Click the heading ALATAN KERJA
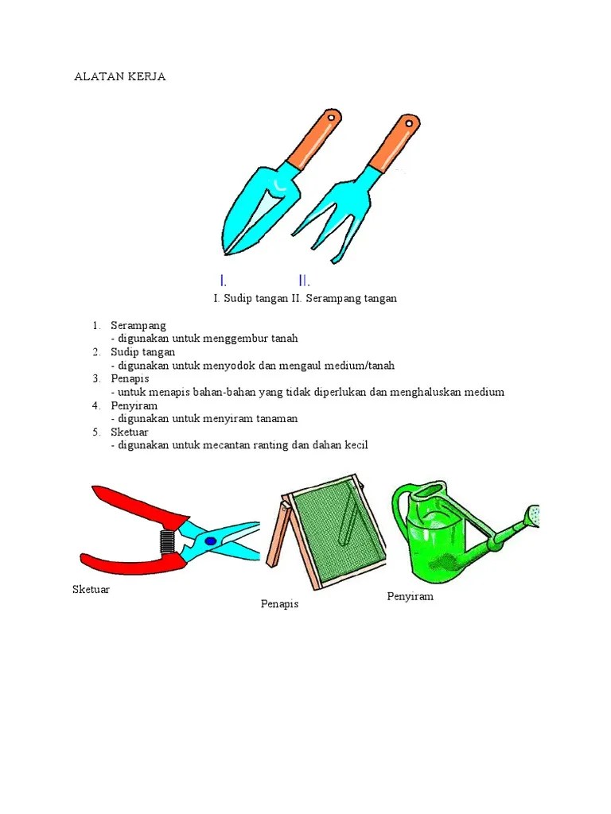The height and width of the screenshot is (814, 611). pos(120,76)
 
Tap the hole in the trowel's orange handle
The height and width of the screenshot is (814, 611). pos(330,118)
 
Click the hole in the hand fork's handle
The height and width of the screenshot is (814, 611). pos(409,123)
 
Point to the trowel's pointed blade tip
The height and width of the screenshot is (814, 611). pos(225,253)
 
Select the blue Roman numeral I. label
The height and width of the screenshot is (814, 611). pos(223,281)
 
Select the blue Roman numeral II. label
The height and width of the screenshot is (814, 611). pos(304,281)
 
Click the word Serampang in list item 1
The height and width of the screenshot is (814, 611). pos(138,326)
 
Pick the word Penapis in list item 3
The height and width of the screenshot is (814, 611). pos(130,378)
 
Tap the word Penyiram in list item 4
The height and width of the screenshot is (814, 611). pos(134,405)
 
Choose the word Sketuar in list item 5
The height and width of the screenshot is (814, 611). pos(130,432)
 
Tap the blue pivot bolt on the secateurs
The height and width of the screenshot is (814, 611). pos(210,541)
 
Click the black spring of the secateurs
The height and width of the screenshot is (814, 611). pos(167,542)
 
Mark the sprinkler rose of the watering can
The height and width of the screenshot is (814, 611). pos(533,515)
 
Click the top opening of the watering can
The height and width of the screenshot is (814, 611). pos(429,490)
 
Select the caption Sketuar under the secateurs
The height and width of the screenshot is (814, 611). pos(91,589)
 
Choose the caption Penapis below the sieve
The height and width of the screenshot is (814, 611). pos(279,604)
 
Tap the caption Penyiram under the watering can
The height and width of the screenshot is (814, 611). pos(410,597)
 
